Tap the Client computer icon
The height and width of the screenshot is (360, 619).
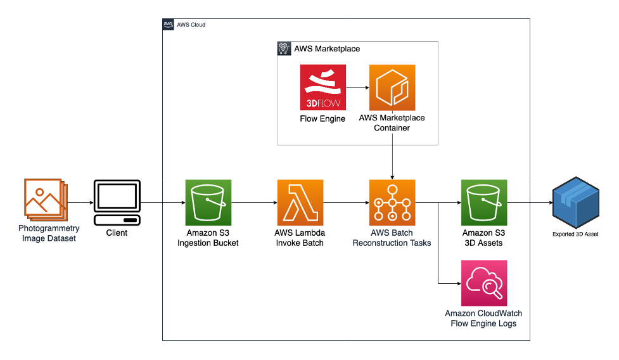(x=117, y=203)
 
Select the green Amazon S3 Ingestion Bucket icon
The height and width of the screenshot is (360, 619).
(x=208, y=203)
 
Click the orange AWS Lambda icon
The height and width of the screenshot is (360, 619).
(x=300, y=203)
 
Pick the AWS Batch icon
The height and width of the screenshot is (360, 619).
(x=392, y=203)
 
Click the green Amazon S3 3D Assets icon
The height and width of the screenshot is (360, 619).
(x=484, y=203)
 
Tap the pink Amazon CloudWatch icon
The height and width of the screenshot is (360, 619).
(x=484, y=283)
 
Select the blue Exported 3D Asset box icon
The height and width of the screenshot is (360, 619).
(x=575, y=203)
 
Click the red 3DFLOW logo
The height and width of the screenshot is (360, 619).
(x=322, y=87)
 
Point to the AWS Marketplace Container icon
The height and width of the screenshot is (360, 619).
(x=392, y=87)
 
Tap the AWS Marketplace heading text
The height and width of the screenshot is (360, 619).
(x=327, y=48)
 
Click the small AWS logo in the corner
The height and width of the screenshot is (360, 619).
(x=169, y=25)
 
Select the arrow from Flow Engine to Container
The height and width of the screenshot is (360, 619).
(x=357, y=87)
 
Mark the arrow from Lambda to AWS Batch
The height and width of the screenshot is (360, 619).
(x=346, y=203)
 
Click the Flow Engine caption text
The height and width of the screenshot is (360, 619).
(x=322, y=119)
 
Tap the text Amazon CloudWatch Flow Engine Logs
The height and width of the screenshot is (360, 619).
(x=483, y=319)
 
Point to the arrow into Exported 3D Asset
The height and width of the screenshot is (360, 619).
(x=528, y=203)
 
